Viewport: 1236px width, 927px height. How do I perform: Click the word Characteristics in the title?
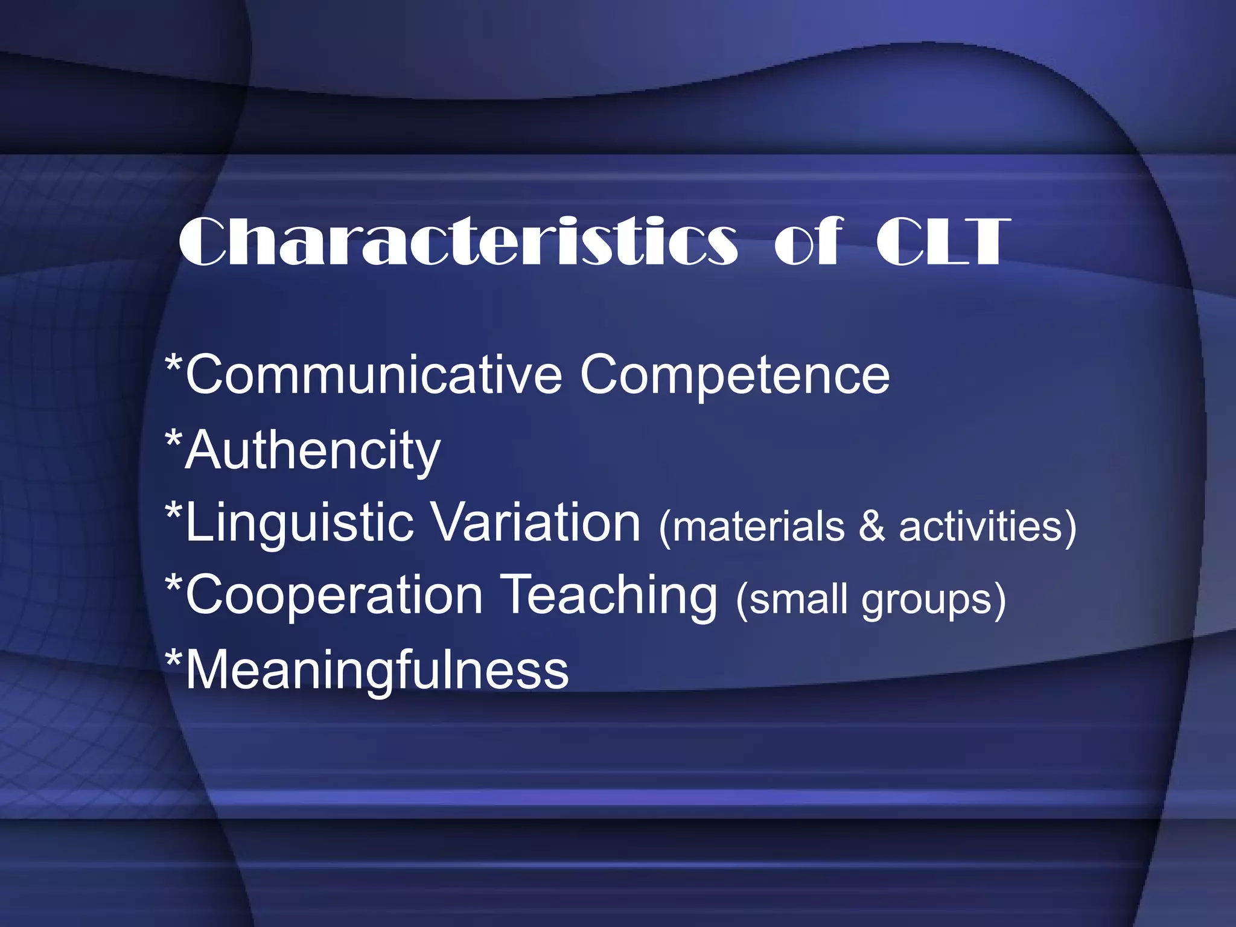(458, 241)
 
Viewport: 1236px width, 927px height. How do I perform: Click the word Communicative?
(374, 375)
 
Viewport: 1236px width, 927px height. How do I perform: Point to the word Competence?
(734, 375)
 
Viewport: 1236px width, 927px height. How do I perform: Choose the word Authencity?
(313, 451)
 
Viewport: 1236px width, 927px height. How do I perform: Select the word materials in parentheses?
(757, 527)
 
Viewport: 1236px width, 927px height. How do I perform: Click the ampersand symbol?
(871, 527)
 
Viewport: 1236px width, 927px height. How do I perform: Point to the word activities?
(981, 527)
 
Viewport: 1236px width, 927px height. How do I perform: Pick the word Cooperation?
(334, 596)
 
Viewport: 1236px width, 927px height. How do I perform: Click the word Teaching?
(610, 596)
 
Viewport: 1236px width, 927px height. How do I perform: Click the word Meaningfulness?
(377, 670)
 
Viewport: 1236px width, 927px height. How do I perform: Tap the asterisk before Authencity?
(174, 439)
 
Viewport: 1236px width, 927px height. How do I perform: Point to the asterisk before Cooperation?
(174, 585)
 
